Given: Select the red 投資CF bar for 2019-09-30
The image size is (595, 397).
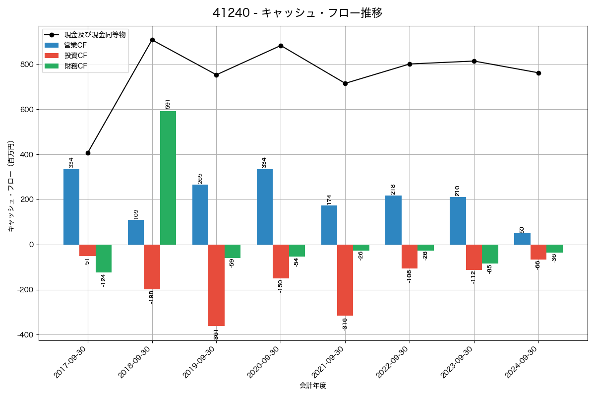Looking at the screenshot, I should (x=216, y=285).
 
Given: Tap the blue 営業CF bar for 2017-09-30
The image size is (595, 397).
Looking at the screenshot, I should (x=71, y=207).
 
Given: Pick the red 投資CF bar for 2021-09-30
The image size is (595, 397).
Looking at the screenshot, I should (x=345, y=280).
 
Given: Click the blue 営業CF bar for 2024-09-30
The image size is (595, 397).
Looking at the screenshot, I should (x=522, y=239).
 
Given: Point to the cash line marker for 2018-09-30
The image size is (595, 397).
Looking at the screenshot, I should (x=152, y=40).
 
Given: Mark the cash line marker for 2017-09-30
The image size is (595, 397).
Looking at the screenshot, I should (x=88, y=153).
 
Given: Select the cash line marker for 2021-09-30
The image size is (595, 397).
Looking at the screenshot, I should (x=345, y=83).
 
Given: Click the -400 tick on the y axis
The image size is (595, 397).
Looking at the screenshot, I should (x=26, y=335).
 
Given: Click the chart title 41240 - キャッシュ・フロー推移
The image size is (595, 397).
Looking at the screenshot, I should (x=297, y=13).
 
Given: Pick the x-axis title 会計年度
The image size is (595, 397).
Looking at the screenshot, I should (x=313, y=386).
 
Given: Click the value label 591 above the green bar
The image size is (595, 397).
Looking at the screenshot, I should (x=168, y=104).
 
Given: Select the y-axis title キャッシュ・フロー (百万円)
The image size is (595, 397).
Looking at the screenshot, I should (x=11, y=186).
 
